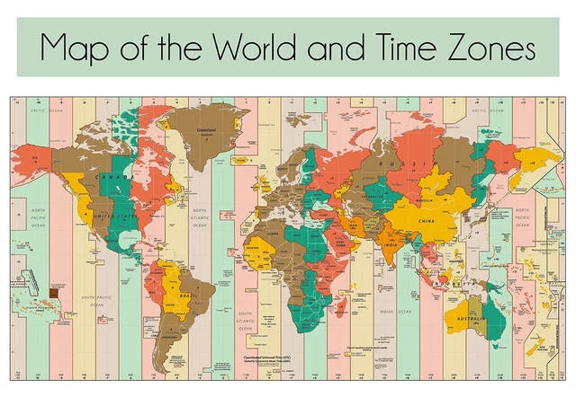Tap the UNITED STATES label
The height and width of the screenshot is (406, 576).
point(114,216)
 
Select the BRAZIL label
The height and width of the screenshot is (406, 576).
point(188,295)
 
